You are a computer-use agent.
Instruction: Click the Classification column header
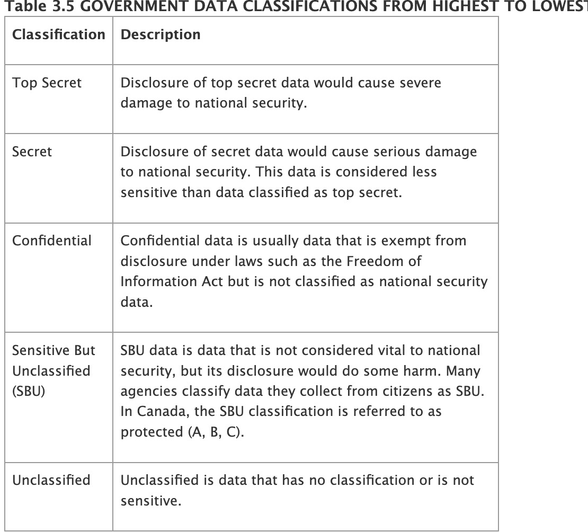tap(58, 35)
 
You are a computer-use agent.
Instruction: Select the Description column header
tap(161, 35)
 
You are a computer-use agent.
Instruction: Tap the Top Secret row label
tap(47, 83)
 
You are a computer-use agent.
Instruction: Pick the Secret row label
tap(32, 152)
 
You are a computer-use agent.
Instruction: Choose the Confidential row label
tap(51, 241)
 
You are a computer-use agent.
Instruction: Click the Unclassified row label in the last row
tap(51, 481)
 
